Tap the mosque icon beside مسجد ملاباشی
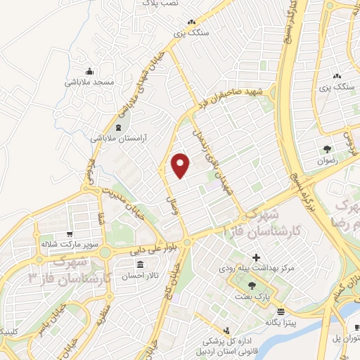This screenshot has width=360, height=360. [89, 72]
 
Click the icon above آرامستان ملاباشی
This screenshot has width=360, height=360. [116, 127]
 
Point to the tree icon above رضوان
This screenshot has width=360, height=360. [328, 149]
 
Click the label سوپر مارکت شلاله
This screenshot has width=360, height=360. [67, 244]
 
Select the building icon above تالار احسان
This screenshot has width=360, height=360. [139, 265]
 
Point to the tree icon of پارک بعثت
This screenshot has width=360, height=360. [252, 285]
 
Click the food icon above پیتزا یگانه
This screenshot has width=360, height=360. [281, 311]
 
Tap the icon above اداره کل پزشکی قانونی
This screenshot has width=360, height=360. [226, 329]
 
